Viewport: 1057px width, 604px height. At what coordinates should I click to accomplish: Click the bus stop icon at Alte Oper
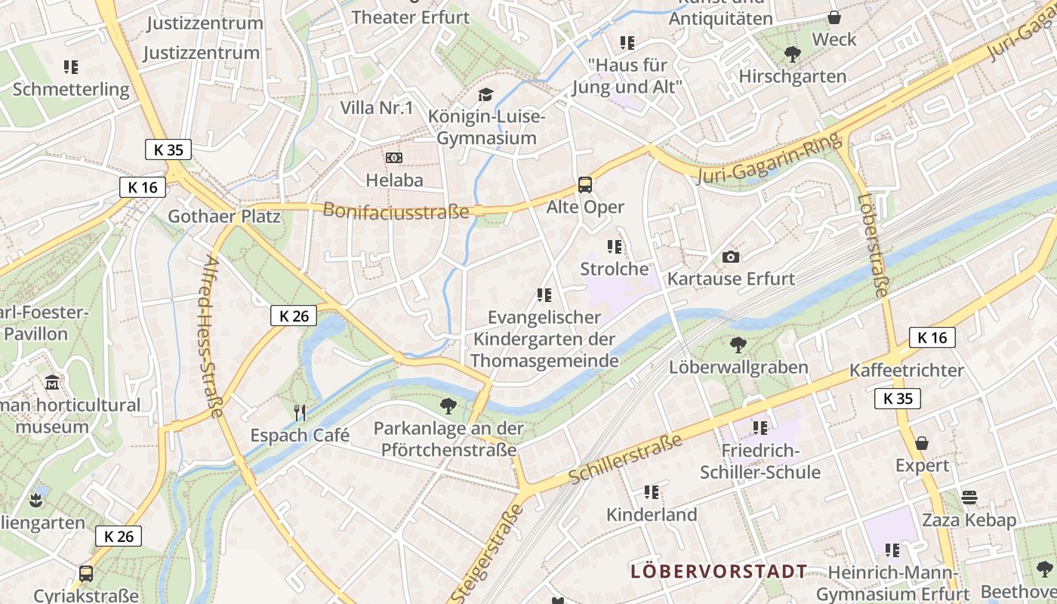point(585,184)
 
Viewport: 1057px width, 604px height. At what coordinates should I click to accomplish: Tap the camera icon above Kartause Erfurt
point(730,257)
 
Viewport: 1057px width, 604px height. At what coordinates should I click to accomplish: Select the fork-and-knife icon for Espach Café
point(300,412)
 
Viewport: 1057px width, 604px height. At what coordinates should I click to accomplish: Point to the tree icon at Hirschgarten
point(793,54)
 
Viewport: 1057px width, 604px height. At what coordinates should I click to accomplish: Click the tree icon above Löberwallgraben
point(738,345)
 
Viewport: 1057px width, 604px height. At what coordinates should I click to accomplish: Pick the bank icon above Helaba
point(394,158)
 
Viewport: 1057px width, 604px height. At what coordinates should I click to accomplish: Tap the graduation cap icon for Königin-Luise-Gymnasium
point(486,94)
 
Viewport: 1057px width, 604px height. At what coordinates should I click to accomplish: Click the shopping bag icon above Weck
point(834,17)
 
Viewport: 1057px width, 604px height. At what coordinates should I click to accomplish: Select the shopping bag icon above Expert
point(922,443)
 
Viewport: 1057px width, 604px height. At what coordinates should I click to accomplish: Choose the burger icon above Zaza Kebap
point(969,498)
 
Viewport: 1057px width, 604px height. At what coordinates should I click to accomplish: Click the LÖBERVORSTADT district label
point(719,571)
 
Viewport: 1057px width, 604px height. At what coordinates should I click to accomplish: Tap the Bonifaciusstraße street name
point(396,211)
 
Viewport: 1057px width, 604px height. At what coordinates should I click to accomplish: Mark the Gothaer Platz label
point(224,217)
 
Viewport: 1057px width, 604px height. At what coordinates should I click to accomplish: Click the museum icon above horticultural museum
point(52,383)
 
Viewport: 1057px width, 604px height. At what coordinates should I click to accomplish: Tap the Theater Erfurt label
point(411,17)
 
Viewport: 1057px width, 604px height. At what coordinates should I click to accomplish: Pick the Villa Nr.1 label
point(377,107)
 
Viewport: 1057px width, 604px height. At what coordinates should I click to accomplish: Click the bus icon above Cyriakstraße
point(86,574)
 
